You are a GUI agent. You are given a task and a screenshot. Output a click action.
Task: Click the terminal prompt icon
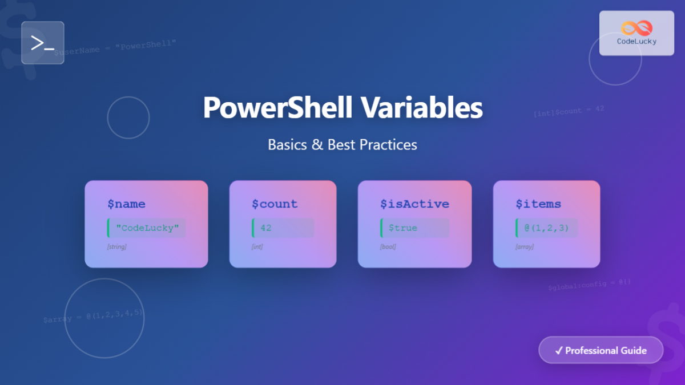(43, 43)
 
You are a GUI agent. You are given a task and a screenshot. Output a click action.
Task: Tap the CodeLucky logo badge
(636, 33)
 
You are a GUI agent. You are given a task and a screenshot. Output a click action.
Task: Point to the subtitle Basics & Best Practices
(342, 144)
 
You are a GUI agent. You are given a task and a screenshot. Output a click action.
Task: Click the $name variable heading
(126, 204)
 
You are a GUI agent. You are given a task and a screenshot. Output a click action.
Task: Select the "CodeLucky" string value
(147, 228)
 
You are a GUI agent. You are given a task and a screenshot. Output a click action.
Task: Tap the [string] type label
(117, 247)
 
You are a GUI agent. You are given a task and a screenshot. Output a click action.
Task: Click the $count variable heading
(275, 204)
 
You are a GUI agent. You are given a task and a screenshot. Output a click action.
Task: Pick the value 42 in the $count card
(266, 228)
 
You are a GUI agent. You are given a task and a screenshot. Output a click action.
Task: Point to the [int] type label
(257, 247)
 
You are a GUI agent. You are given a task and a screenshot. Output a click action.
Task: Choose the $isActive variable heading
(414, 204)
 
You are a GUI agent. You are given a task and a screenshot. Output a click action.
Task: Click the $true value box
(403, 228)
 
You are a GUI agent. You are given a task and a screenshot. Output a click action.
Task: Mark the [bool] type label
(388, 247)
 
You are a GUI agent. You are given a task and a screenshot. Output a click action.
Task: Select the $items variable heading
(538, 204)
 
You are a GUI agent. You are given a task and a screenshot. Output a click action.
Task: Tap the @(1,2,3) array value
(547, 228)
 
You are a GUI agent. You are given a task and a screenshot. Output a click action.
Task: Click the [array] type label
(525, 247)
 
